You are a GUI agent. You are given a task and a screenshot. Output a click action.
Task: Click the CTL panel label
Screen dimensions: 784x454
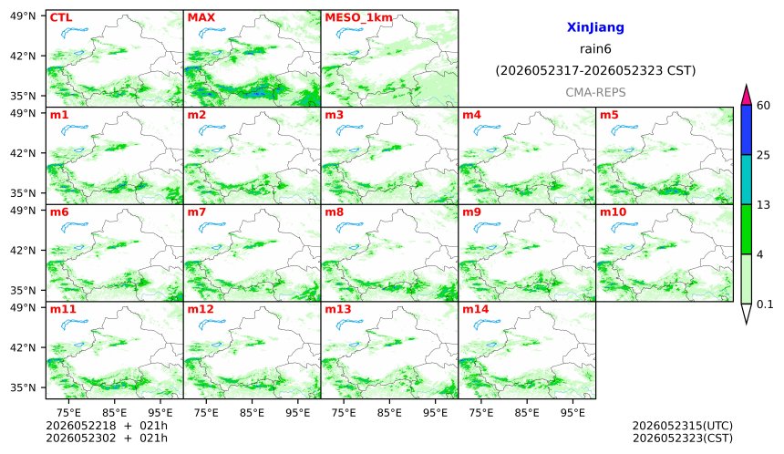coord(61,17)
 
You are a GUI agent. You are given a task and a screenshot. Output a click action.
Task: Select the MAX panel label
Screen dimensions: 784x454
coord(201,17)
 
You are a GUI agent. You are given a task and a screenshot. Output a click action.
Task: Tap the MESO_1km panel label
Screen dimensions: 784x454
coord(358,18)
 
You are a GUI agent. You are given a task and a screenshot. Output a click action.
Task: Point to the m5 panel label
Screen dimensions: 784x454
coord(609,115)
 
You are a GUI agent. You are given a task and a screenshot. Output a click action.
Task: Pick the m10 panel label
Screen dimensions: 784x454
coord(613,212)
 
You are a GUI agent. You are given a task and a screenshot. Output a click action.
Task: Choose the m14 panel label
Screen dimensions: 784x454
coord(475,309)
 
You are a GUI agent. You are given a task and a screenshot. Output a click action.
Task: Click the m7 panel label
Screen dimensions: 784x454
coord(197,212)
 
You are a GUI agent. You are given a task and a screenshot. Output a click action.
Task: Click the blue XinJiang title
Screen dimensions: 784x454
coord(595,27)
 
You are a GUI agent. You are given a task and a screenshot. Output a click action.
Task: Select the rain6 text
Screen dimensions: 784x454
coord(595,49)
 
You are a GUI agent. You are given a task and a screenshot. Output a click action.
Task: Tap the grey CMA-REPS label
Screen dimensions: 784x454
coord(595,92)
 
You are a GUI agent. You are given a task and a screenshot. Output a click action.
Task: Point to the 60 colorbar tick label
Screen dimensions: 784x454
coord(764,106)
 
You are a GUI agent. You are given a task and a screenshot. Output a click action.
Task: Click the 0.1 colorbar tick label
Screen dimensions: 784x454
coord(765,304)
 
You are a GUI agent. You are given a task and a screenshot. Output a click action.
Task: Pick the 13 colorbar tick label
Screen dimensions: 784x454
coord(763,204)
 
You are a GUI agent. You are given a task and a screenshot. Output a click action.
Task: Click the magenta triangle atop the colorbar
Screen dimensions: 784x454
coord(746,95)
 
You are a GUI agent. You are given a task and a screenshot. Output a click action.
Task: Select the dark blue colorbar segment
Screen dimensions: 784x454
coord(746,130)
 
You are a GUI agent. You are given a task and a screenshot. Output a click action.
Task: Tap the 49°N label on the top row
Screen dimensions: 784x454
coord(23,16)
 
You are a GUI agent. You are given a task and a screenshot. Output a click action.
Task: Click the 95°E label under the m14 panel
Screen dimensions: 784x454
coord(573,413)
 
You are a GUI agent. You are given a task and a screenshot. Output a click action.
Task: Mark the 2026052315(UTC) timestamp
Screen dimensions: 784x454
coord(683,426)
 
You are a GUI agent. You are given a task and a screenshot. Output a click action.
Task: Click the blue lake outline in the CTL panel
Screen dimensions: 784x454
coord(74,32)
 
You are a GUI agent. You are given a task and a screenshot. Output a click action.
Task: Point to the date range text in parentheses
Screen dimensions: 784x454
coord(595,71)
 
